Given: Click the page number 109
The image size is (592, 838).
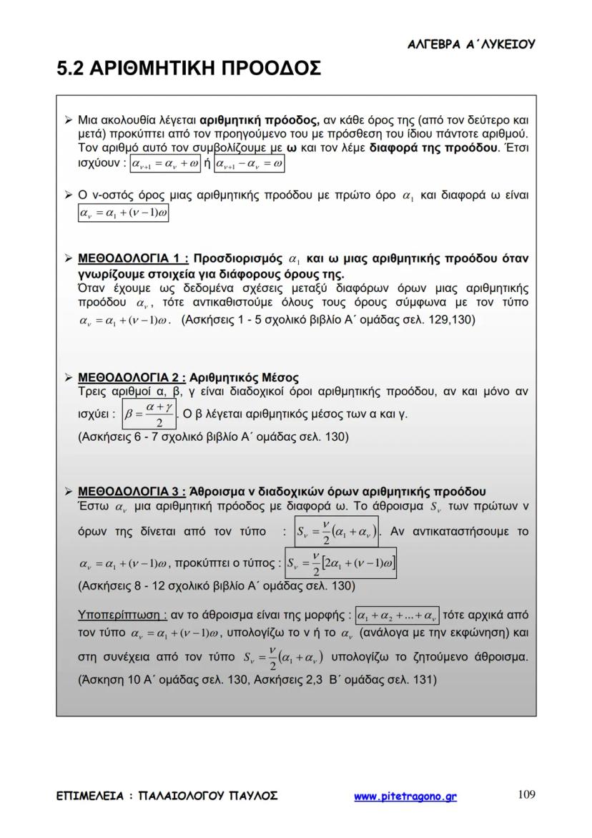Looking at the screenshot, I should (526, 794).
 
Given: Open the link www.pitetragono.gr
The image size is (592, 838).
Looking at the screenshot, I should (405, 796).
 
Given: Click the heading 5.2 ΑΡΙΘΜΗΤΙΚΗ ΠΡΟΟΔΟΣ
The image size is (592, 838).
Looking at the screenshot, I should (189, 69).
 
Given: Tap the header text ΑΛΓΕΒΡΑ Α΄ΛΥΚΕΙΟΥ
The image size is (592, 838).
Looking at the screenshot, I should (470, 44).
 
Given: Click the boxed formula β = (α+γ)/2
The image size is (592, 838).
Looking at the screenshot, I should (149, 414).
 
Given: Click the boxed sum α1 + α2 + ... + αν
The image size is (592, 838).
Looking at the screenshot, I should (398, 615).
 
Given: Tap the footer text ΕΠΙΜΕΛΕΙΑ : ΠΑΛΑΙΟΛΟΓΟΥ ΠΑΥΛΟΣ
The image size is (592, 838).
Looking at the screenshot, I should (167, 796).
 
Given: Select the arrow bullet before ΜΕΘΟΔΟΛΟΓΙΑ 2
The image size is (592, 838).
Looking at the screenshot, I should (68, 377).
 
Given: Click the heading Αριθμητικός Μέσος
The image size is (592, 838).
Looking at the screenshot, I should (245, 377).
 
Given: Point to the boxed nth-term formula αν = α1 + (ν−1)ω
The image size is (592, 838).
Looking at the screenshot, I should (123, 213).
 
